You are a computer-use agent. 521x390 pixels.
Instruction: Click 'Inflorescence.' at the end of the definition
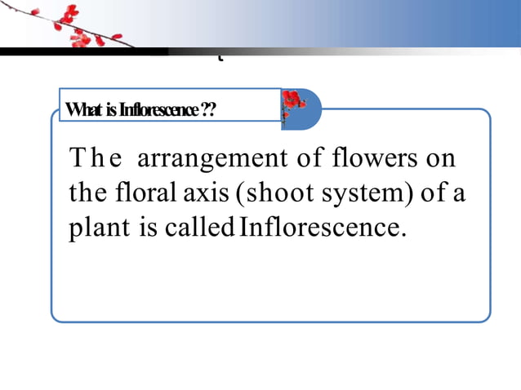click(x=323, y=228)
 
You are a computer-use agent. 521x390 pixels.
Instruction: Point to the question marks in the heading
click(x=208, y=109)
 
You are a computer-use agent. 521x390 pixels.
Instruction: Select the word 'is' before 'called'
click(x=148, y=228)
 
